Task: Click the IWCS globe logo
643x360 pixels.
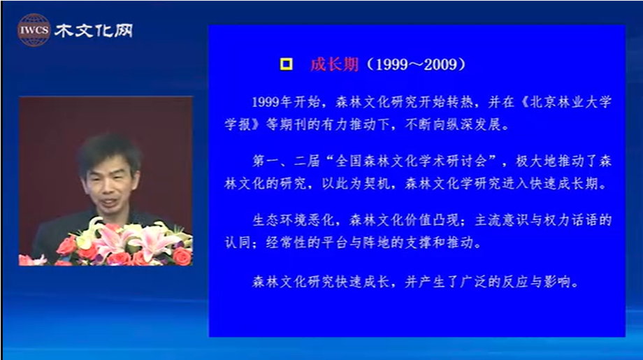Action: click(x=34, y=30)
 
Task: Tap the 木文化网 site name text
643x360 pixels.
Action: click(x=94, y=31)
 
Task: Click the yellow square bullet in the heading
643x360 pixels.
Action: click(x=287, y=64)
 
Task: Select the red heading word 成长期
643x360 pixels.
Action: click(x=334, y=64)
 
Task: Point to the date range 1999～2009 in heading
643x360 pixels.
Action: click(x=417, y=64)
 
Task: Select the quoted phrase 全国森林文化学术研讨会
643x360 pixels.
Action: click(x=410, y=161)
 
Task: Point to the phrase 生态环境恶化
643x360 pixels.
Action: click(x=293, y=220)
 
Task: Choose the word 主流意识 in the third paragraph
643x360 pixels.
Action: click(x=502, y=220)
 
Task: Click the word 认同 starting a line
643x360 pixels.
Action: click(x=238, y=243)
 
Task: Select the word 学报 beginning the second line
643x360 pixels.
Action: click(x=238, y=124)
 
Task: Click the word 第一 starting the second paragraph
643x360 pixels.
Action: click(x=266, y=161)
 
